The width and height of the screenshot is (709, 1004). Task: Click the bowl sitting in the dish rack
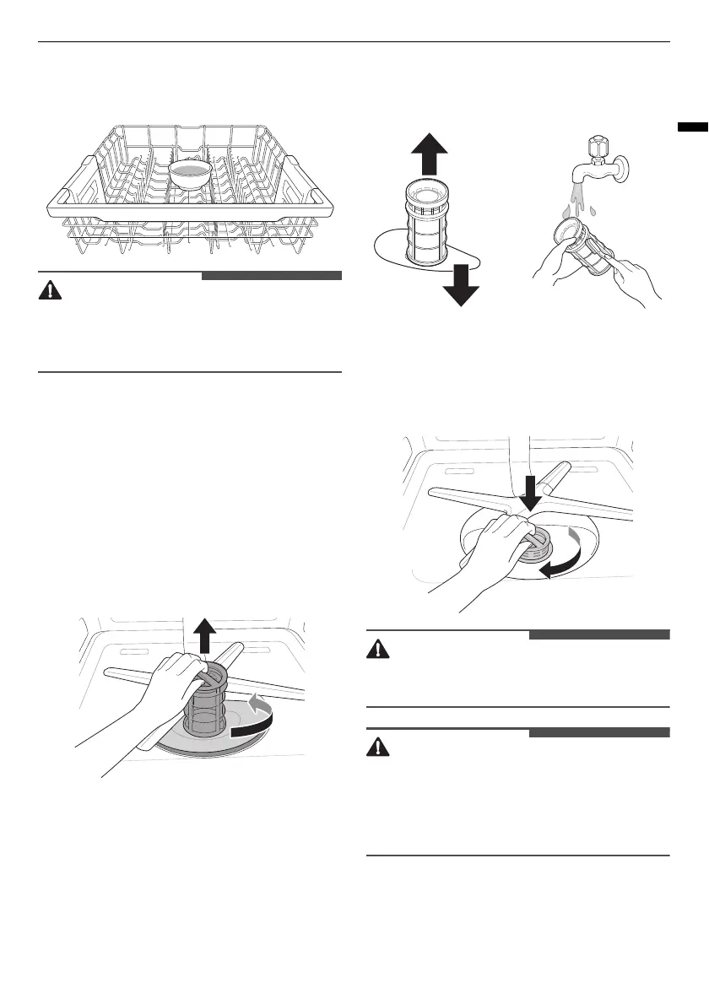click(191, 172)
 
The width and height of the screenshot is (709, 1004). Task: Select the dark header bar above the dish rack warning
click(271, 275)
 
